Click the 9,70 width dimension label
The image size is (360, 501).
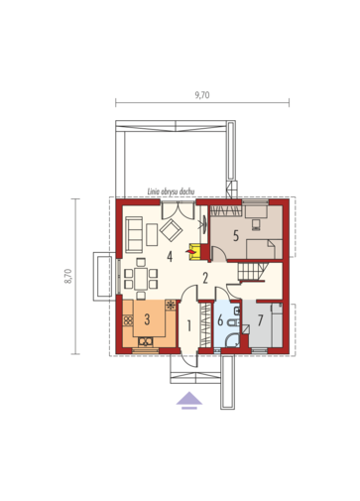coord(202,95)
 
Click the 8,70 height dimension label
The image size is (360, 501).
coord(68,276)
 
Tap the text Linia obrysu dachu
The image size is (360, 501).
coord(171,191)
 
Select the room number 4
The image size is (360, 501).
coord(170,257)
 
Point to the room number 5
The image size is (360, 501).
coord(236,236)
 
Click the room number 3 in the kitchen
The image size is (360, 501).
coord(147,319)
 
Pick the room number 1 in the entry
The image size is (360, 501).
coord(189,326)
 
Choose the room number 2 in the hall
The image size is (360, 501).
coord(205,278)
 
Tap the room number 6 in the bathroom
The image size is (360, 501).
coord(220,320)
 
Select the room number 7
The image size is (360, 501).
coord(260,320)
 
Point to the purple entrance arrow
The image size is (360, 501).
coord(189,400)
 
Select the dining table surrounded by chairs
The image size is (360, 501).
coord(141,280)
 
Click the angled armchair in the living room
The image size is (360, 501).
coord(171,230)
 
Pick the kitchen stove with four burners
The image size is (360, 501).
coord(128,320)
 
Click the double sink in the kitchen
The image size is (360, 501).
coord(146,341)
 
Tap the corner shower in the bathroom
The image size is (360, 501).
coord(232,340)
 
